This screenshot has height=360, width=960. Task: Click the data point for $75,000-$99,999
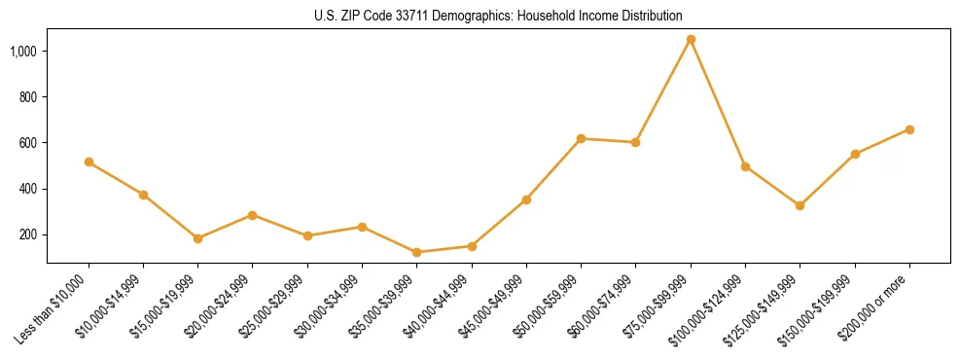point(691,40)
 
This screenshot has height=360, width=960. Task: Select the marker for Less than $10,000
point(89,162)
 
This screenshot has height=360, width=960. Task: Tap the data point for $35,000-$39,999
point(417,252)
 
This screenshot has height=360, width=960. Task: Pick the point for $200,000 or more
point(909,129)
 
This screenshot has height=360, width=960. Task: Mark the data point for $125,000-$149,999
point(800,205)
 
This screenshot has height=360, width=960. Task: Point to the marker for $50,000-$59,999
point(581,138)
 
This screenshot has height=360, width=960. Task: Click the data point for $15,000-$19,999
point(198,238)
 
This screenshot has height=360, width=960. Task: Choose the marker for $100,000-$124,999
point(745,166)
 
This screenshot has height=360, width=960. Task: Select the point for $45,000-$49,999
point(526,199)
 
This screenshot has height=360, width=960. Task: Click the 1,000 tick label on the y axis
point(24,51)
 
